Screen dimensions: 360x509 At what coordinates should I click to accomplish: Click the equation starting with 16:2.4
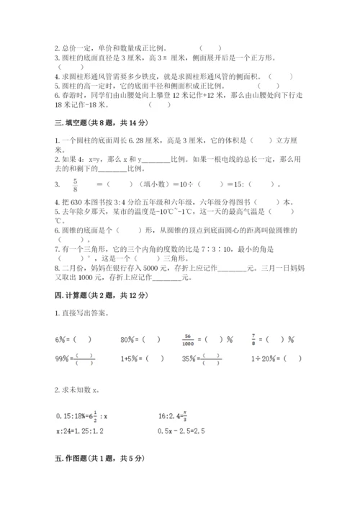tap(206, 414)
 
